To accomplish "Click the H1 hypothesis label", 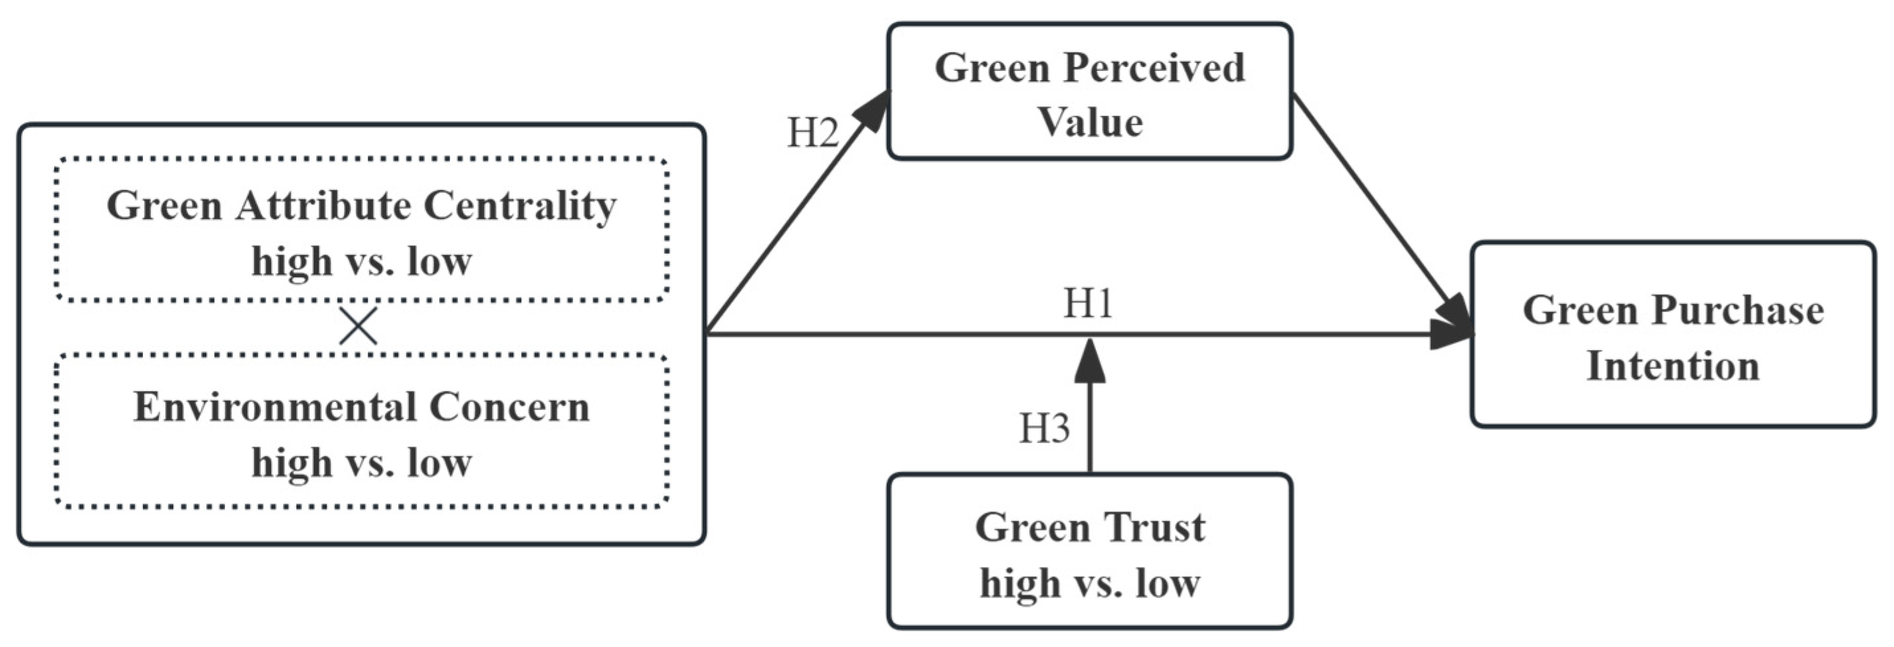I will pos(1088,303).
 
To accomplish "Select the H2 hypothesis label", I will pos(812,134).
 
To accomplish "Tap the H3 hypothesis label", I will pos(1043,428).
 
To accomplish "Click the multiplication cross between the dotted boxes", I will pos(358,326).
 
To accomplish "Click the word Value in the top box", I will pos(1090,122).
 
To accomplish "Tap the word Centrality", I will pos(520,206).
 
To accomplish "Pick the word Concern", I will pos(509,407).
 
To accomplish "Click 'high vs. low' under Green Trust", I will pos(1090,583).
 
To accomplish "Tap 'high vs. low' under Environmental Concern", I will pos(361,462).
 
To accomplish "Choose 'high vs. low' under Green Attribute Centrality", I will pos(361,261).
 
